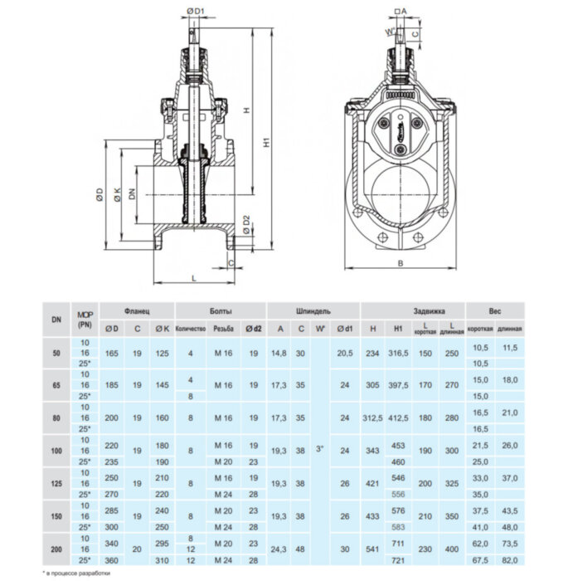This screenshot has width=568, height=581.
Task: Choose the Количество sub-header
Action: pyautogui.click(x=191, y=330)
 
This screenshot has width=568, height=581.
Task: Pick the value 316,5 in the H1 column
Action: pyautogui.click(x=399, y=353)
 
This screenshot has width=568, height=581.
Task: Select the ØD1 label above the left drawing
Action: pyautogui.click(x=196, y=11)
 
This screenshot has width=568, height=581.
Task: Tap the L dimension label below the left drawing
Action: pyautogui.click(x=194, y=278)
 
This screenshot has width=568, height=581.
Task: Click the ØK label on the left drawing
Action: pyautogui.click(x=117, y=196)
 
